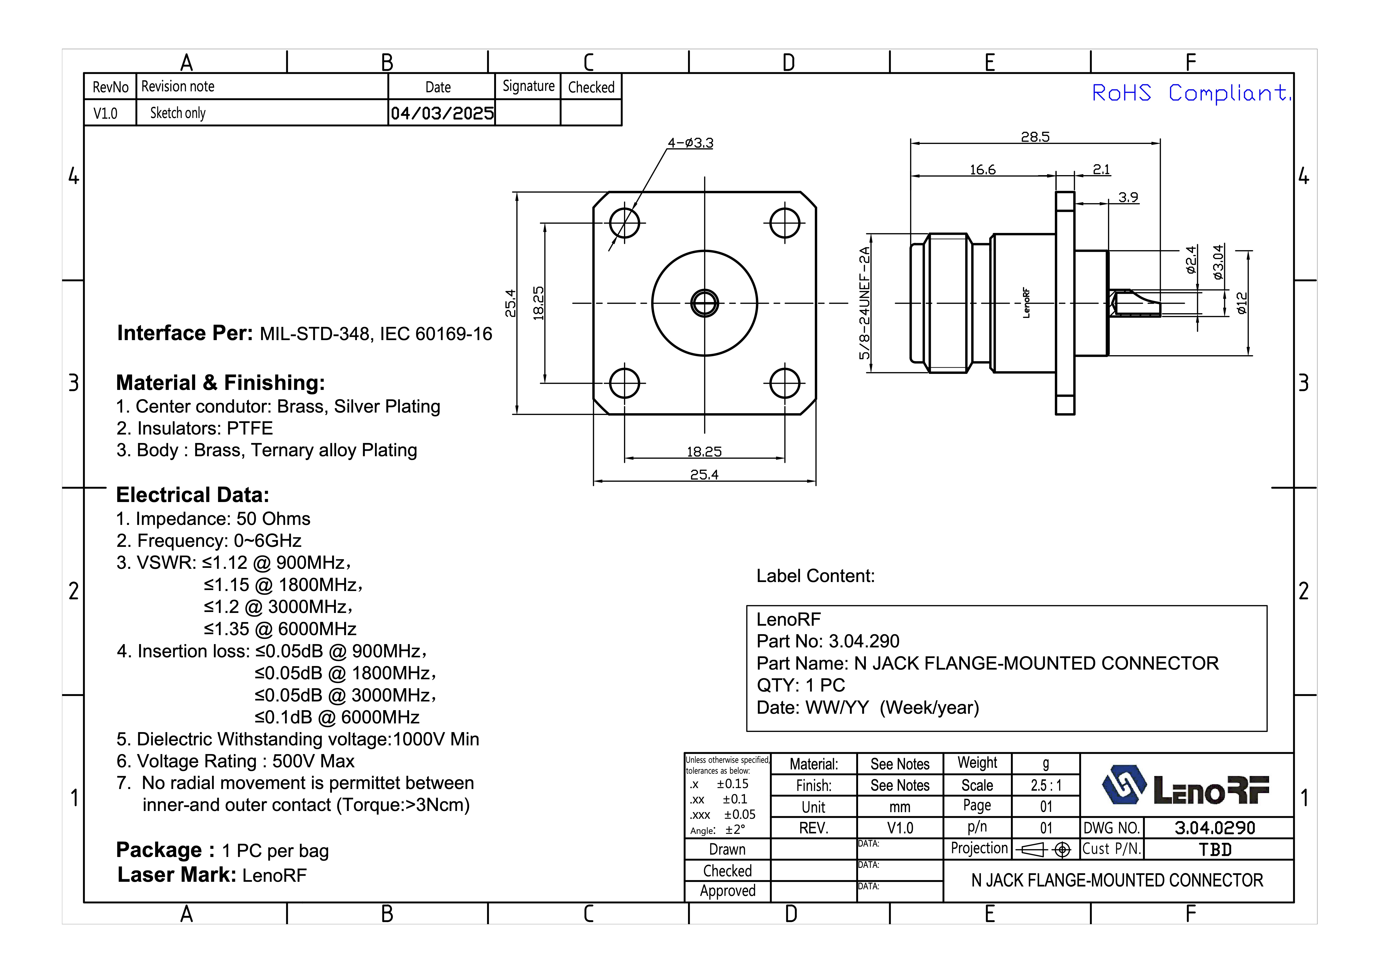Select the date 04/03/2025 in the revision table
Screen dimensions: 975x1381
pos(442,113)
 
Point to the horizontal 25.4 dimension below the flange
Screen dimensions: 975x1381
pos(704,475)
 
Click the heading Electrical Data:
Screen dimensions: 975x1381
pos(192,495)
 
